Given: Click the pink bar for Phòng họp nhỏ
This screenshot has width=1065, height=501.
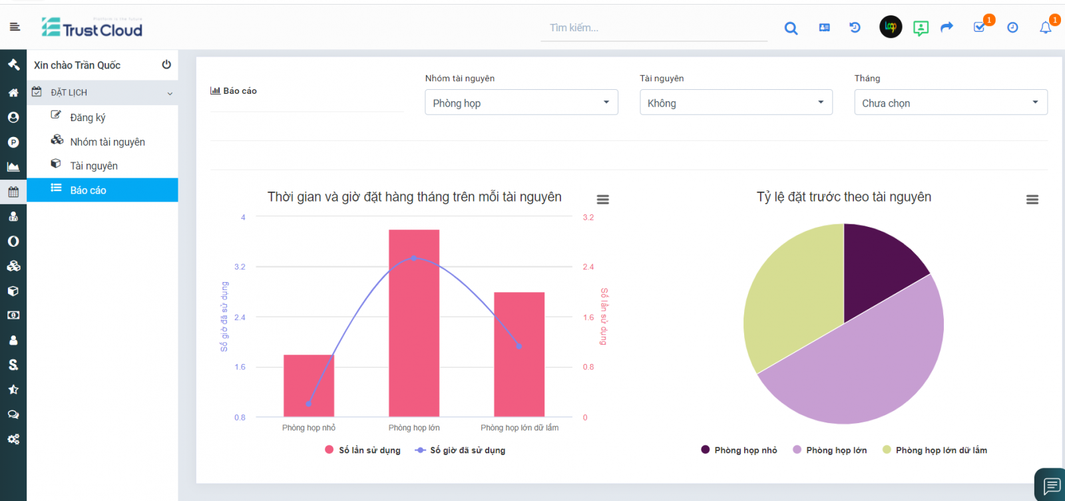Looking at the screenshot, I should click(x=308, y=386).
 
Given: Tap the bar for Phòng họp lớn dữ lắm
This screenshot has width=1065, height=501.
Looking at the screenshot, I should click(x=519, y=359).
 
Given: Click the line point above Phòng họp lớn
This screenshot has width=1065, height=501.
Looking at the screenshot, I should click(x=413, y=257).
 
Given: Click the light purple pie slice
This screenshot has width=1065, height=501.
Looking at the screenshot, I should click(x=865, y=366).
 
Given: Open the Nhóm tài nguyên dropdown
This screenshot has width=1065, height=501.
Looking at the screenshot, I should click(x=521, y=102).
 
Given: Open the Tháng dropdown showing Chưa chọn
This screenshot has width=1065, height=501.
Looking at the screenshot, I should click(x=951, y=102).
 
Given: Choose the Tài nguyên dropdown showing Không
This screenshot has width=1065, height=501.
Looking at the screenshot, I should click(x=736, y=102).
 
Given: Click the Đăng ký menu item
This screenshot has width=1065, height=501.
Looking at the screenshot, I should click(x=88, y=117).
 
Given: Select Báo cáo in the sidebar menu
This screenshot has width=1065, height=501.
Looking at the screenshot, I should click(x=88, y=190).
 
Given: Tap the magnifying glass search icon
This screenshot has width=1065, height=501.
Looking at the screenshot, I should click(x=791, y=28).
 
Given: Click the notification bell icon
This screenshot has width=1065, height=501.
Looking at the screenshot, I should click(x=1045, y=27).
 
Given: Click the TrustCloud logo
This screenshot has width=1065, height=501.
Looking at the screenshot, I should click(x=92, y=27).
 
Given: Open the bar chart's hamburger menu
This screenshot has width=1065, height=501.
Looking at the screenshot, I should click(x=602, y=200).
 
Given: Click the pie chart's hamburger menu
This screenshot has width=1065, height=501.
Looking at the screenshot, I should click(x=1032, y=200).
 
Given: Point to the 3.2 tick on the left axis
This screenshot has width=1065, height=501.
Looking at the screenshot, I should click(x=240, y=267).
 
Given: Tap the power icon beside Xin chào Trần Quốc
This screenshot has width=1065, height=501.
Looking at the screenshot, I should click(x=166, y=65).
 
